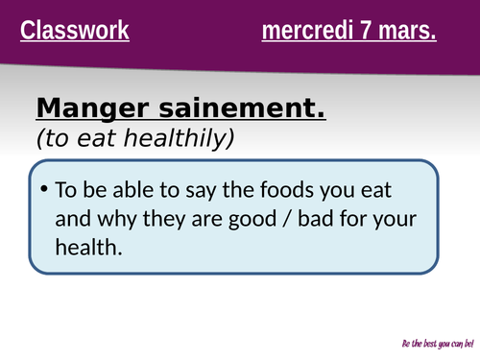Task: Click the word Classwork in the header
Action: coord(75,32)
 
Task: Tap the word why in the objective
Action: coord(111,218)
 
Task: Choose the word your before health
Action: coord(396,218)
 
